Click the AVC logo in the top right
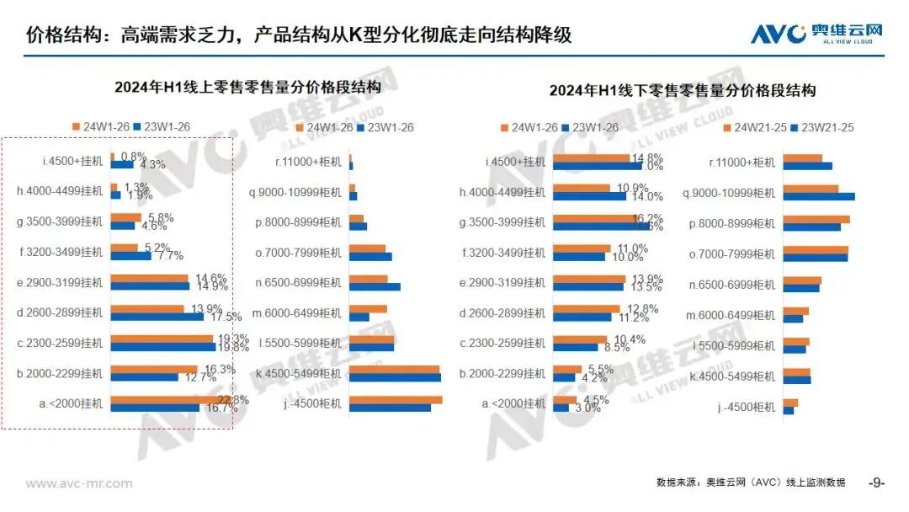point(816,34)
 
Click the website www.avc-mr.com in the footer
point(79,483)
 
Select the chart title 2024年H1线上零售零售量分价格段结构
point(248,87)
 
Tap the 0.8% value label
point(134,157)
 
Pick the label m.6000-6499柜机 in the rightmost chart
point(731,315)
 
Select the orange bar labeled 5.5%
point(567,369)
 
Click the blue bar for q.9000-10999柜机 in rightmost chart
point(818,197)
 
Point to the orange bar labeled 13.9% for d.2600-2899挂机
point(148,308)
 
